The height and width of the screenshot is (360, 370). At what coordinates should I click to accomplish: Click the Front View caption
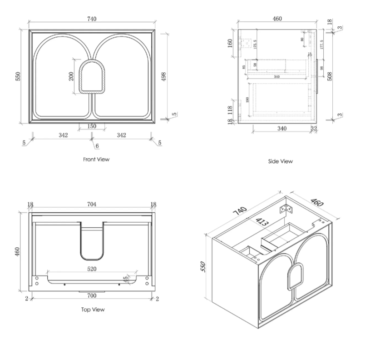(x=96, y=160)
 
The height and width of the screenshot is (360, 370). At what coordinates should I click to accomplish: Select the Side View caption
(x=280, y=161)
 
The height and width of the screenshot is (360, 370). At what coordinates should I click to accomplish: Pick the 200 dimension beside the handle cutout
(x=71, y=76)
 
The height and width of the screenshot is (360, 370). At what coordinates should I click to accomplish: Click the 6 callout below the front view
(x=97, y=145)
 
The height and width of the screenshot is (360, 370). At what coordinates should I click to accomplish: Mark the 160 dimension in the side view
(x=230, y=43)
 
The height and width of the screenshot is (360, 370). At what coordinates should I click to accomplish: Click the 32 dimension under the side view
(x=313, y=129)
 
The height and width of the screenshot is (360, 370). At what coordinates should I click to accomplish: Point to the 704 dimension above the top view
(x=92, y=205)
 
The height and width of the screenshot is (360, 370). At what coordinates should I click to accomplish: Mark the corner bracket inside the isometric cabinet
(x=286, y=209)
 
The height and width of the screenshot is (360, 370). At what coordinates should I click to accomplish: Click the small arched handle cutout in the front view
(x=92, y=77)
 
